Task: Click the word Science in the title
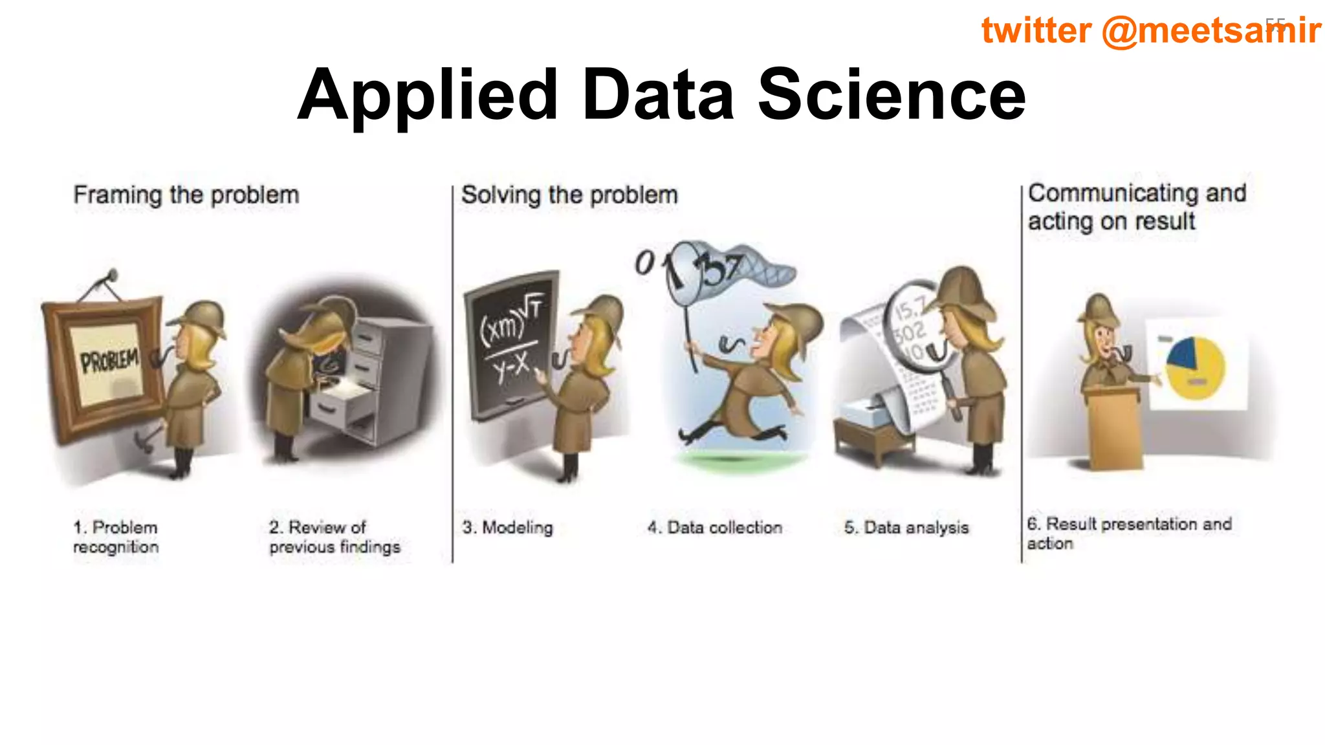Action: tap(891, 95)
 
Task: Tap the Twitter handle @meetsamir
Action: tap(1210, 30)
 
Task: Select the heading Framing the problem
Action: tap(186, 195)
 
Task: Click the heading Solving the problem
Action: tap(569, 195)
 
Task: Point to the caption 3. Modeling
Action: tap(508, 528)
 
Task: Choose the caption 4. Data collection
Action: tap(715, 528)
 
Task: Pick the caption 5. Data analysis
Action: tap(906, 528)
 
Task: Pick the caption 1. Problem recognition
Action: tap(116, 537)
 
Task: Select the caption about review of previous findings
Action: tap(334, 537)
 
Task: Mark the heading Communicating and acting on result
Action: tap(1136, 207)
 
